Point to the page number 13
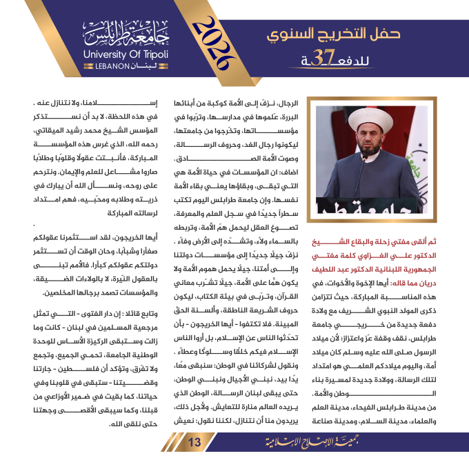point(194,441)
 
